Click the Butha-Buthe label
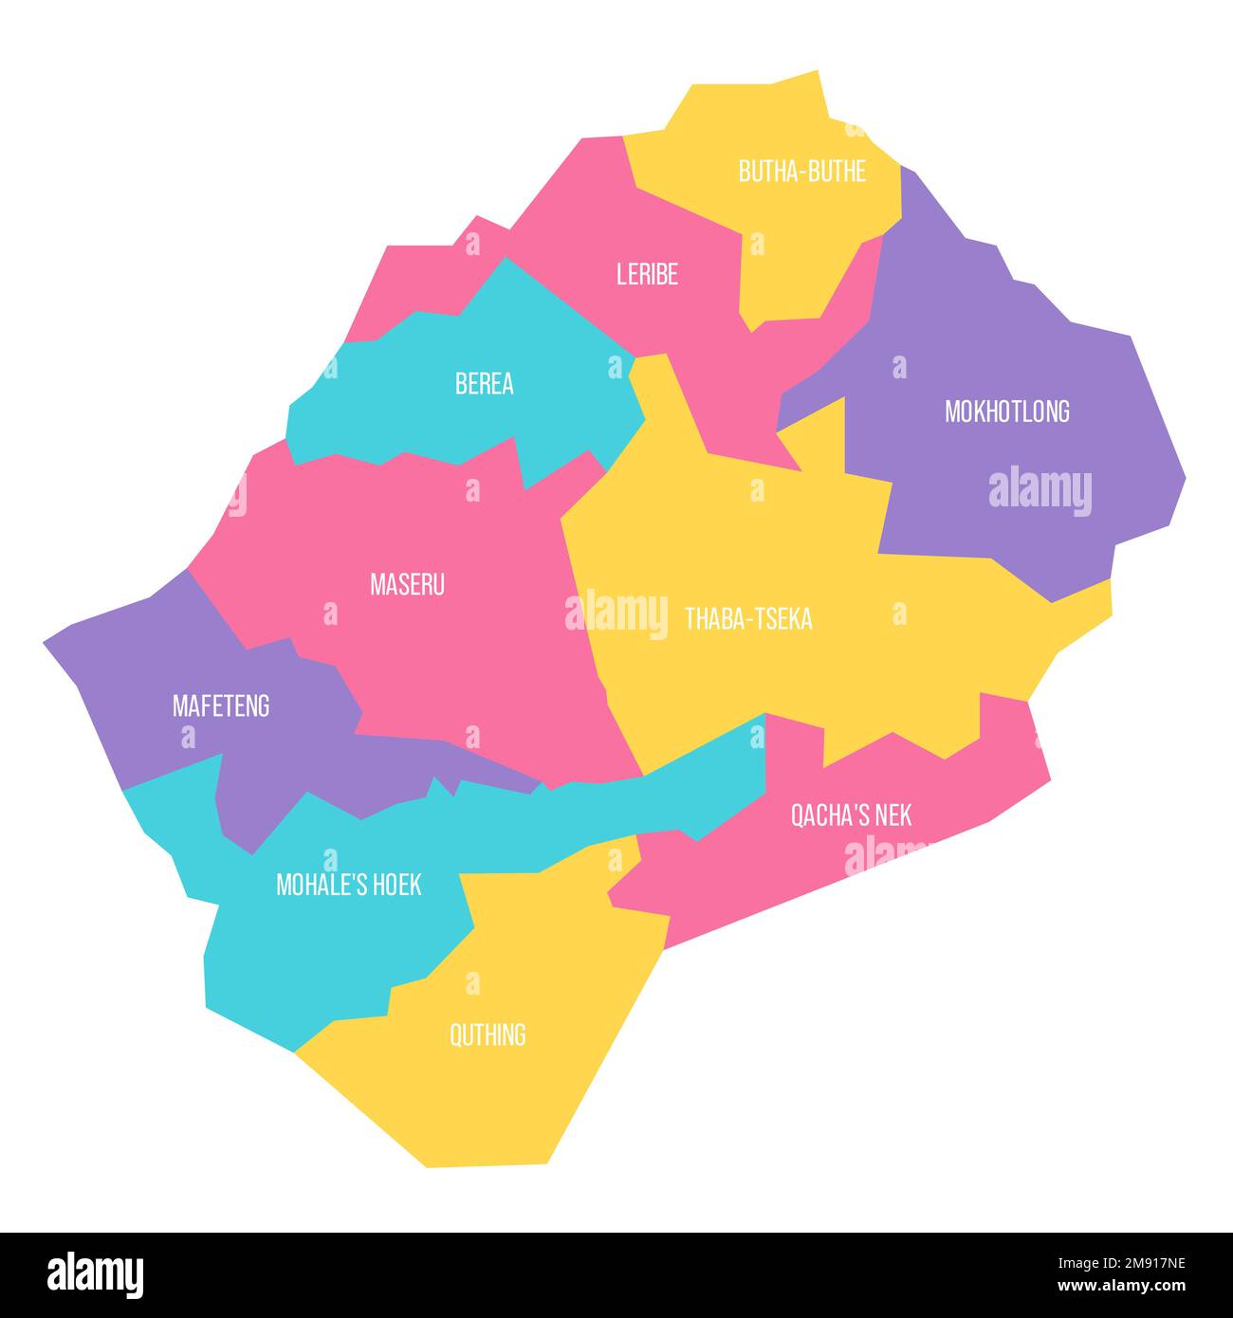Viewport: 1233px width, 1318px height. pyautogui.click(x=802, y=172)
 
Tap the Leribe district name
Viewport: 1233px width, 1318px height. pyautogui.click(x=647, y=275)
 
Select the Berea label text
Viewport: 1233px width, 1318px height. pyautogui.click(x=484, y=384)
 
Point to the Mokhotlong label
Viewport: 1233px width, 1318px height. pyautogui.click(x=1006, y=412)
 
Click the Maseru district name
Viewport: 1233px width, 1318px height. pyautogui.click(x=407, y=585)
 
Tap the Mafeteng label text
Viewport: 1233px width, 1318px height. pyautogui.click(x=220, y=706)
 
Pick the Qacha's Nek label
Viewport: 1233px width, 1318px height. pyautogui.click(x=851, y=815)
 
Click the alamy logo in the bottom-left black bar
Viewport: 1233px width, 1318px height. pyautogui.click(x=95, y=1274)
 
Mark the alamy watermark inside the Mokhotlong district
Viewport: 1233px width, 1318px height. pyautogui.click(x=1040, y=491)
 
